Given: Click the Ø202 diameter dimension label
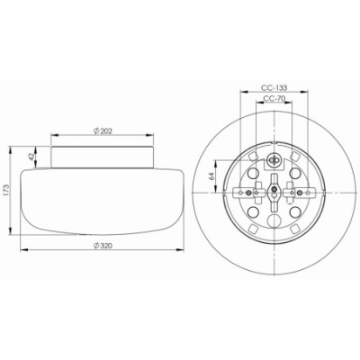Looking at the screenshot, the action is point(103,131).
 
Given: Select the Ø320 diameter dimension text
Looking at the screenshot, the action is point(103,246).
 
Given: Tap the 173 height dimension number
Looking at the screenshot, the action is point(6,190).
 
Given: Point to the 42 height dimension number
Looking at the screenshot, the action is point(32,157).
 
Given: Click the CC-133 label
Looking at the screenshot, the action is point(274,88).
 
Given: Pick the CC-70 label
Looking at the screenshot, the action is point(274,98).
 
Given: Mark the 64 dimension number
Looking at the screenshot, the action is point(211,176).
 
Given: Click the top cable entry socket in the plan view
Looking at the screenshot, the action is point(274,160).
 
